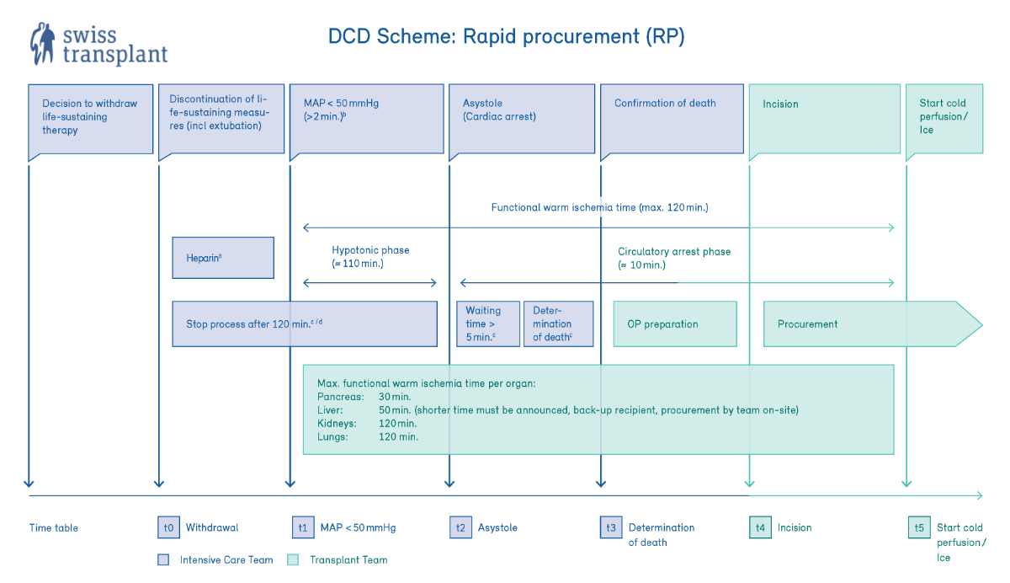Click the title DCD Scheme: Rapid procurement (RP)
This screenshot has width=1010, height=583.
508,37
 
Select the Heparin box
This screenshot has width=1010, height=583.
223,258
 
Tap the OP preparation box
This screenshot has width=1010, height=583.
674,324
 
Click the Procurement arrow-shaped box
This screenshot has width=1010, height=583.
867,324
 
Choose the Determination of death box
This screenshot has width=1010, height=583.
558,324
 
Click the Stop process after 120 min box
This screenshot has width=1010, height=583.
305,324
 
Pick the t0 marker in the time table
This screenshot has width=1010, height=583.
169,528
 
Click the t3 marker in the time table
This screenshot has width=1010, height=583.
611,528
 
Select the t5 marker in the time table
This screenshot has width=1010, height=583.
919,528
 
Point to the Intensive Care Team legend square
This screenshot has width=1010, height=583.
164,559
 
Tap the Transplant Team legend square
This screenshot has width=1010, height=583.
294,559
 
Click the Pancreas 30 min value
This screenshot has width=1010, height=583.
395,396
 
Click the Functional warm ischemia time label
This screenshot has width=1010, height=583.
599,206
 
